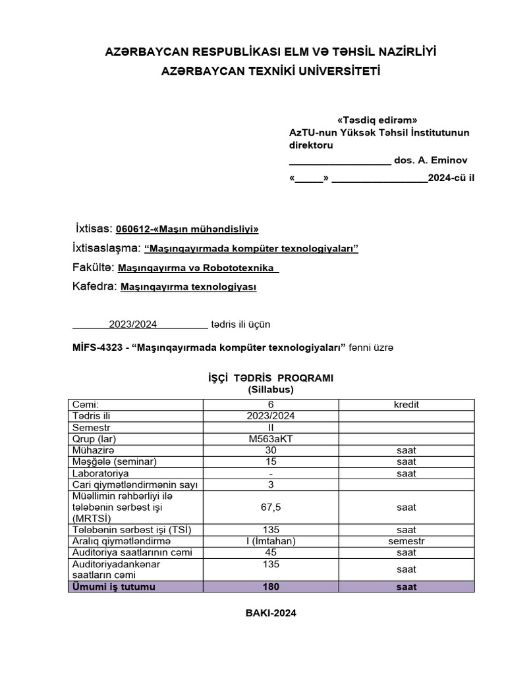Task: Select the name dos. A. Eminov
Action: [433, 160]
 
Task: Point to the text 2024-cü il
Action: [451, 178]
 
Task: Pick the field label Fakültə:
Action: [94, 268]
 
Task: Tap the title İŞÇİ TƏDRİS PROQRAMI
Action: [271, 378]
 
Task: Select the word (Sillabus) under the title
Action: [271, 389]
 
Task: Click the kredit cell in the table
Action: [406, 405]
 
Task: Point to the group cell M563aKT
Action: [271, 439]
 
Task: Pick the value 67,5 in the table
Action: [271, 507]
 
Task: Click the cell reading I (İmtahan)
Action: [271, 541]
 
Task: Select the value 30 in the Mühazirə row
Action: [271, 450]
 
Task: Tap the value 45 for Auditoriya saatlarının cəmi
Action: [271, 552]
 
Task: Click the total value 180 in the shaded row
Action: [271, 586]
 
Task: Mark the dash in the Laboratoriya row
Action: [271, 473]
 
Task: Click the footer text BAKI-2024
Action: [271, 613]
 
